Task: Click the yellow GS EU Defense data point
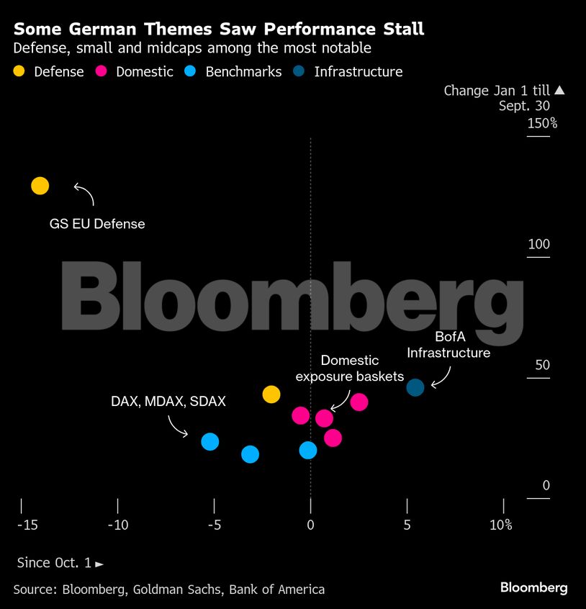click(40, 186)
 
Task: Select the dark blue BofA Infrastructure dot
click(415, 387)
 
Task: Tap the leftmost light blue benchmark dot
click(209, 441)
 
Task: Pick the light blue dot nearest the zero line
click(308, 450)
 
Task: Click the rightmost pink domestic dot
click(359, 402)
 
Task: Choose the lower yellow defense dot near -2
click(271, 394)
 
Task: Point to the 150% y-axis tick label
click(542, 123)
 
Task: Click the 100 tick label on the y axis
click(538, 244)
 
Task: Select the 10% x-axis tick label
click(501, 525)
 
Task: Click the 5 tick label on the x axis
click(407, 525)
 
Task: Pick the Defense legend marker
click(19, 71)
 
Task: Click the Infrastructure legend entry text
click(358, 71)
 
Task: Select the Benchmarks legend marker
click(191, 71)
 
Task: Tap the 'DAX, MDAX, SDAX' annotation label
click(168, 402)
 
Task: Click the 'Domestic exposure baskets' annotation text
click(349, 368)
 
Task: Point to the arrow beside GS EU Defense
click(84, 192)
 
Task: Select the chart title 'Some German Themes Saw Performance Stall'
click(219, 30)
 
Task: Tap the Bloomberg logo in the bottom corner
click(533, 588)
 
